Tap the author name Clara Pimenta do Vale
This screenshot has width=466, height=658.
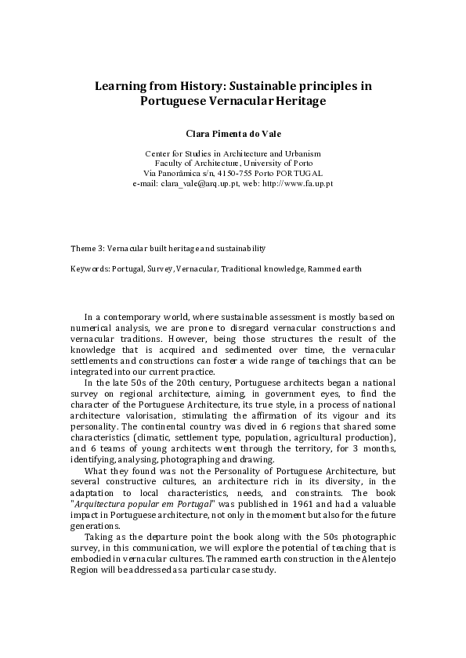click(233, 134)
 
